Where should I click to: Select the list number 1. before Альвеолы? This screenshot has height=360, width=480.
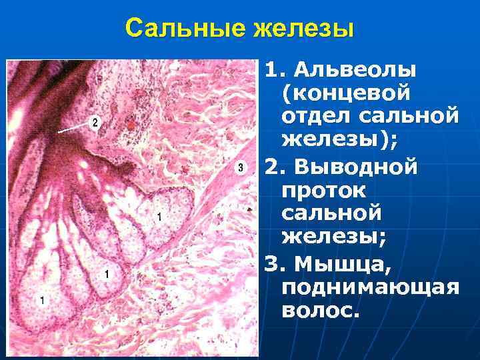(274, 69)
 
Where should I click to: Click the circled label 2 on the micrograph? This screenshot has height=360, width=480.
(95, 123)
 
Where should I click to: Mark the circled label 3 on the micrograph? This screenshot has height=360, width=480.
(240, 168)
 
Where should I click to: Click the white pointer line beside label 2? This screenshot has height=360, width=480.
(71, 128)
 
